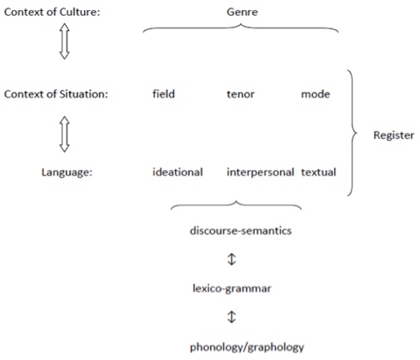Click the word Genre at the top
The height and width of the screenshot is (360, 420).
tap(242, 12)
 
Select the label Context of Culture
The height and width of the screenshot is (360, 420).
tap(52, 12)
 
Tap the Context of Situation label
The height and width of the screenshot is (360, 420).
tap(56, 94)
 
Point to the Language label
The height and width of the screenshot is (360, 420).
tap(67, 172)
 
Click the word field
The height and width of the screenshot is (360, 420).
tap(163, 94)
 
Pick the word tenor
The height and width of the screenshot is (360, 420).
tap(241, 94)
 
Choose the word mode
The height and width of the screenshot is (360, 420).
tap(316, 94)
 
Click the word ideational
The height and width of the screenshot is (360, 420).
tap(177, 172)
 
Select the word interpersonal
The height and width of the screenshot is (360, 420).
tap(260, 172)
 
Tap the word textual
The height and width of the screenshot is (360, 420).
tap(318, 172)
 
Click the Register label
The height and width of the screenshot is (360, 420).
tap(393, 136)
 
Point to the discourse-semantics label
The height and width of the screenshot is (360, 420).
tap(241, 231)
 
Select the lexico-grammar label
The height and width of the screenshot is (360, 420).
tap(232, 288)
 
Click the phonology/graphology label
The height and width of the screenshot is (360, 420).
tap(247, 347)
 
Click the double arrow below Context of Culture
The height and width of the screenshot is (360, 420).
tap(64, 42)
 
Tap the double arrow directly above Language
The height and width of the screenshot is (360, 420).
tap(64, 134)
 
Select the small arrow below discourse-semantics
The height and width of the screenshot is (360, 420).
tap(232, 259)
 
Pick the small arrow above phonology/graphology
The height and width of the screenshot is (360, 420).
tap(232, 317)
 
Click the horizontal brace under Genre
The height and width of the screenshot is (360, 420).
tap(241, 26)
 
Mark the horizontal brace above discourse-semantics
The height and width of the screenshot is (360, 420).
tap(236, 202)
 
